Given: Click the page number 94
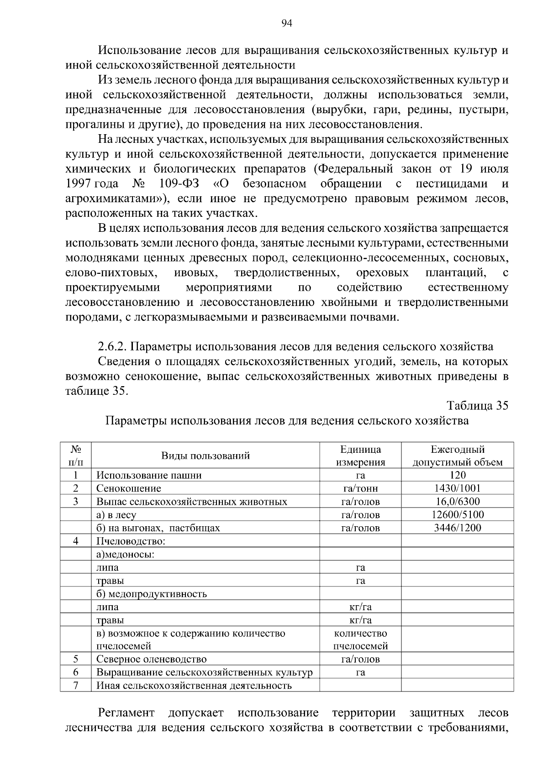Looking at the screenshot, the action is click(x=287, y=24).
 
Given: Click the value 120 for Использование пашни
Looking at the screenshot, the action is click(x=457, y=475).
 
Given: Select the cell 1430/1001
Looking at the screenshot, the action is click(x=457, y=488).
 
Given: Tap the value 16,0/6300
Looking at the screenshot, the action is click(x=458, y=502).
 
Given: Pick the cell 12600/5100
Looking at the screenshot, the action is click(x=458, y=515).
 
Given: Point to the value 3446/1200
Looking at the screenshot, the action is click(x=458, y=528).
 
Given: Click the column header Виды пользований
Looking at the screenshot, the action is click(x=205, y=456).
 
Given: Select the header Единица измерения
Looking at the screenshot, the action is click(x=360, y=456).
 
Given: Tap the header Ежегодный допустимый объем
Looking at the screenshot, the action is click(x=458, y=456).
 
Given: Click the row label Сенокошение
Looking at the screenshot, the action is click(x=128, y=488).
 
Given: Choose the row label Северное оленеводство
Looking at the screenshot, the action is click(x=151, y=659).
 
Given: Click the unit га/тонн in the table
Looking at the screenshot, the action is click(x=360, y=488).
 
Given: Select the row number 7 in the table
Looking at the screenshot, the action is click(x=75, y=686).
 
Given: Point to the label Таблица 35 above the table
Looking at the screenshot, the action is click(x=477, y=406).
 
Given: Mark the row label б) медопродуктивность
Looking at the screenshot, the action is click(x=151, y=594).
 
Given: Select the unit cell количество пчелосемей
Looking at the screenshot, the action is click(x=360, y=639).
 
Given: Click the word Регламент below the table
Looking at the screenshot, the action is click(x=126, y=713).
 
